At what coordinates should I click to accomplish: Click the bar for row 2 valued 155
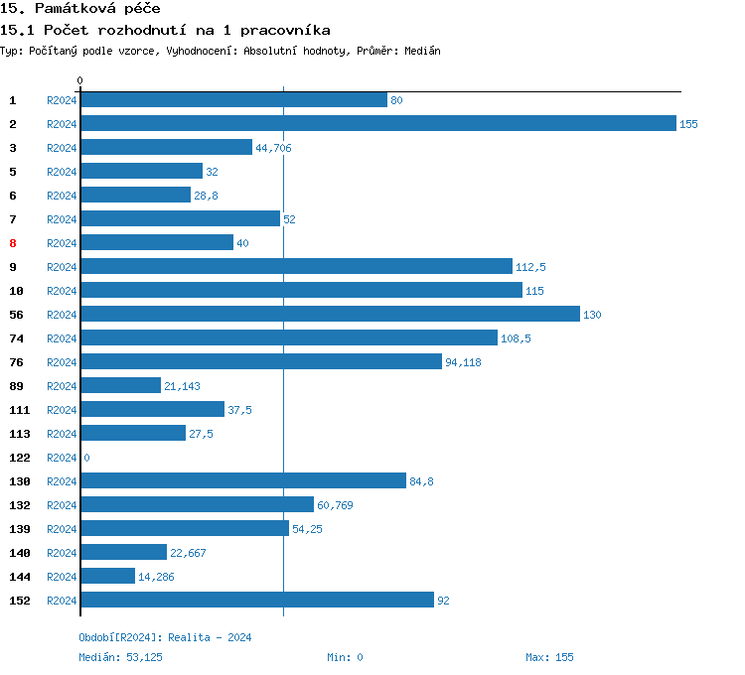tap(377, 124)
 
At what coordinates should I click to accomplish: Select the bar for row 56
tap(330, 315)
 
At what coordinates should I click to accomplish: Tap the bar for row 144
tap(107, 577)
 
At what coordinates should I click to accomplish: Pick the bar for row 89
tap(120, 386)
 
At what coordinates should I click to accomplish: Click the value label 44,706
tap(273, 148)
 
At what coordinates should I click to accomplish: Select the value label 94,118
tap(463, 362)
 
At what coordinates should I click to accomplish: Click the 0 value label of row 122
tap(86, 458)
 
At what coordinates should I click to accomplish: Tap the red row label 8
tap(13, 243)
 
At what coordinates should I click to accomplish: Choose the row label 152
tap(19, 601)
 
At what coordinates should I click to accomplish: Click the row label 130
tap(19, 481)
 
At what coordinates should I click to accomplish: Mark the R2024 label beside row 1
tap(62, 100)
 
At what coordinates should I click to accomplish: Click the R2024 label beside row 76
tap(62, 362)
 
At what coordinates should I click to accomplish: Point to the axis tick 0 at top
tap(80, 80)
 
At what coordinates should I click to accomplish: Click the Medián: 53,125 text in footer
tap(120, 657)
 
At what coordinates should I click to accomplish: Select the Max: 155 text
tap(549, 657)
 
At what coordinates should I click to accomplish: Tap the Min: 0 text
tap(345, 657)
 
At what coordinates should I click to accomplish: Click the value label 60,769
tap(335, 505)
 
